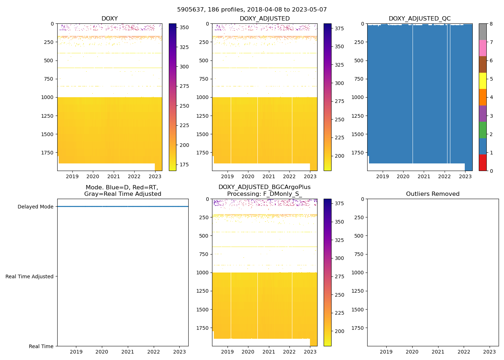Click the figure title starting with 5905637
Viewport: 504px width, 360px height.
pos(252,10)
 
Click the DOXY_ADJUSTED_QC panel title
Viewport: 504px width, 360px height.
pos(419,19)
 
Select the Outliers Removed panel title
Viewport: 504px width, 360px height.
pos(433,194)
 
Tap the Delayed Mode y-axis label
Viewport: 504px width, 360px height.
pos(35,207)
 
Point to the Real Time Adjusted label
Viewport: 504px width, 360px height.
pos(30,276)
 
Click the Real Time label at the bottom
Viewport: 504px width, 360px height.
pos(41,346)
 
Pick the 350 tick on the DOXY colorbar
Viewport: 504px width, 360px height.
pos(184,27)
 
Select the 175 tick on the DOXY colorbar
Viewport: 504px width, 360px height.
pos(184,165)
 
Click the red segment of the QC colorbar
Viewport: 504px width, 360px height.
pos(483,163)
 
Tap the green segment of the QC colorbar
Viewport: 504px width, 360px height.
pos(483,130)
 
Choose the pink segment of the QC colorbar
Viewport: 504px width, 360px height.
pos(483,48)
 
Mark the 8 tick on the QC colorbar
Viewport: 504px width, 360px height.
pos(491,24)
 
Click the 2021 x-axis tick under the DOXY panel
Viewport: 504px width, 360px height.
pos(113,176)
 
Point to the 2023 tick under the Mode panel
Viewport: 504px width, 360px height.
pos(179,352)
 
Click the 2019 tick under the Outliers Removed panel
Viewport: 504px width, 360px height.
pos(386,352)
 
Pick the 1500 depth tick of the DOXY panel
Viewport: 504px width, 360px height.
pos(48,134)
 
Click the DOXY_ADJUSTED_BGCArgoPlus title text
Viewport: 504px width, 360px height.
pos(265,187)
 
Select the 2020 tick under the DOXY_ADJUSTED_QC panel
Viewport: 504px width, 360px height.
pos(403,176)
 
